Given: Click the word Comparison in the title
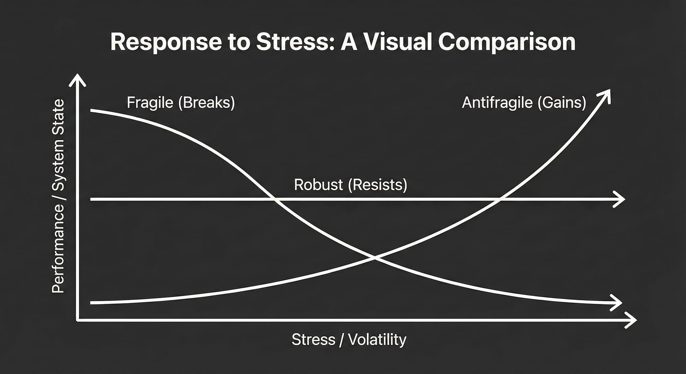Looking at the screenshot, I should [x=507, y=42].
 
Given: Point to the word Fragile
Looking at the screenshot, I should [x=150, y=102].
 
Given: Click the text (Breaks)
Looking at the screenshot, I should [x=206, y=102].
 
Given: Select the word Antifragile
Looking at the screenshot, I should [x=497, y=102].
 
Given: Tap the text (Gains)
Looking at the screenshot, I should [x=561, y=102].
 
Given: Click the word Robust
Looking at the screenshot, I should [x=318, y=185].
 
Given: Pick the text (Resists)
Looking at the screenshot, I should [x=378, y=185].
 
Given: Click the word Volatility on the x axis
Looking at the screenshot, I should [x=377, y=340].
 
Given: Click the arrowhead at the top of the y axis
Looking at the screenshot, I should [x=78, y=80].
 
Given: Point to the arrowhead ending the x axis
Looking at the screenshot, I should [x=631, y=320].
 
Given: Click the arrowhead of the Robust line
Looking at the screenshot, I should [x=620, y=199].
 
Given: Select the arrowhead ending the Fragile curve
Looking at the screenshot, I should [x=617, y=303].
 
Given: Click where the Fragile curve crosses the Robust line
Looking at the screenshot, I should [x=275, y=199].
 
